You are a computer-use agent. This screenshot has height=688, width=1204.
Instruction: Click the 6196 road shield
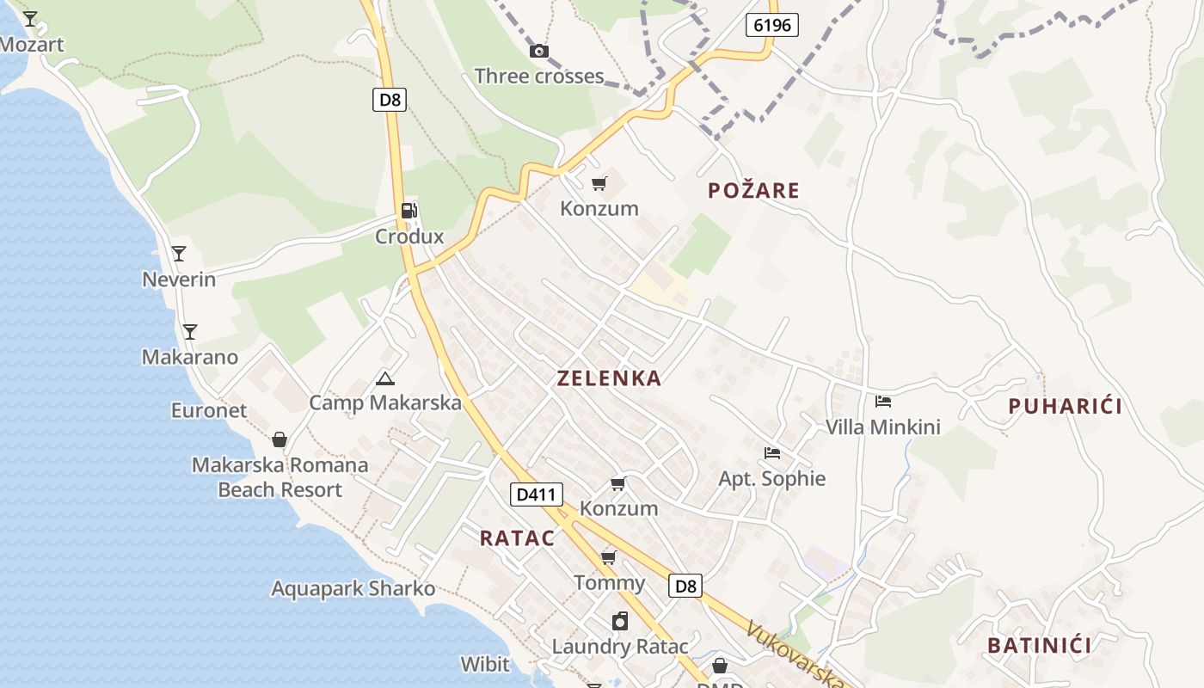pos(771,25)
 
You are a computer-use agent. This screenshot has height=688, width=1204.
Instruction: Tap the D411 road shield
pos(537,494)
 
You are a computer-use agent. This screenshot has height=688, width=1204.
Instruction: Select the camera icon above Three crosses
pos(539,52)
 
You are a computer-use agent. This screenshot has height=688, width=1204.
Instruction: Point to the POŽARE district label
pos(753,191)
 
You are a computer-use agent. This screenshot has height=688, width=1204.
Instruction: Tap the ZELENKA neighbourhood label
pos(609,378)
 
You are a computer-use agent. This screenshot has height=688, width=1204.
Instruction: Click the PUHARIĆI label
pos(1065,407)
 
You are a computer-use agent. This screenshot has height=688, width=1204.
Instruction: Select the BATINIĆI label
pos(1039,646)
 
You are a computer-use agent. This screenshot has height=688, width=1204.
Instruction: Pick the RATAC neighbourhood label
pos(517,538)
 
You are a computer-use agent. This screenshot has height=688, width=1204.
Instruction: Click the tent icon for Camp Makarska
pos(385,378)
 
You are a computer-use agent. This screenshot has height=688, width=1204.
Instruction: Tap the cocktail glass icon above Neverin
pos(179,254)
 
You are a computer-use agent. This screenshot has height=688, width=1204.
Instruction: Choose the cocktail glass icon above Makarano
pos(190,332)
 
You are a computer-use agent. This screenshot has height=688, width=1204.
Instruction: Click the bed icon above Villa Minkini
pos(883,402)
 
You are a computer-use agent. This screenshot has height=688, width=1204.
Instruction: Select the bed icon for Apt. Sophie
pos(772,453)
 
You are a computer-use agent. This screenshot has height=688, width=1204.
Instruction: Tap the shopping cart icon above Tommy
pos(609,558)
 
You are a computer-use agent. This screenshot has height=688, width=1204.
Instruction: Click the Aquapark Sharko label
pos(353,589)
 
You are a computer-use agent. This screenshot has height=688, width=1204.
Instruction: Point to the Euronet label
pos(208,410)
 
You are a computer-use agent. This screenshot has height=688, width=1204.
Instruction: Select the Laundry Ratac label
pos(619,647)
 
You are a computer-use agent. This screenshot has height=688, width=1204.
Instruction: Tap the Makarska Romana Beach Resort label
pos(279,477)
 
